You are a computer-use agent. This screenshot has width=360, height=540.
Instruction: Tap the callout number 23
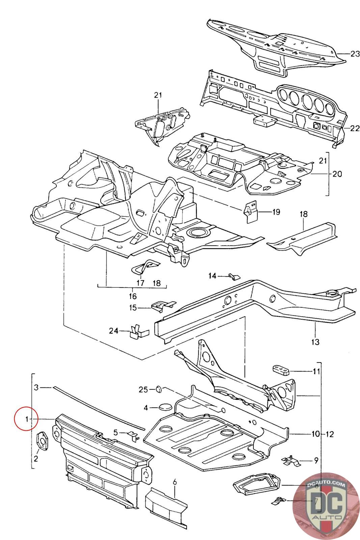(355, 54)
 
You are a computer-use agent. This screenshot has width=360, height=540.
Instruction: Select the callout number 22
(355, 128)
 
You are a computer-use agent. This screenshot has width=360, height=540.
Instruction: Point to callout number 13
(315, 342)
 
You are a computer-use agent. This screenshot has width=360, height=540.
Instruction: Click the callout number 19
(276, 212)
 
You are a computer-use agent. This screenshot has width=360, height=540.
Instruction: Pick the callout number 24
(113, 331)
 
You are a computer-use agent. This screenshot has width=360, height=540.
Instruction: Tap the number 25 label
(143, 390)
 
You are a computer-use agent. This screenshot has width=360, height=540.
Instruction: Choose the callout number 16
(133, 296)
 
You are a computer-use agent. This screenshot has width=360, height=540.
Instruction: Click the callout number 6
(175, 483)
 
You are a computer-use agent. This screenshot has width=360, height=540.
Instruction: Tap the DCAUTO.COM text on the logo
(326, 485)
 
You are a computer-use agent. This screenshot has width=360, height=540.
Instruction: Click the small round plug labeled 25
(158, 390)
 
